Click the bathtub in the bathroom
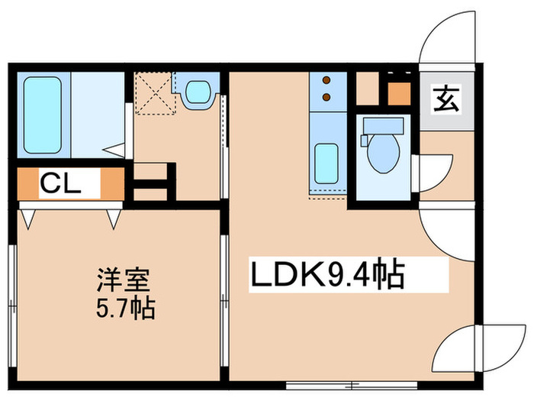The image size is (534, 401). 42,114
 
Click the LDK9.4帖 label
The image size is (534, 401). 327,276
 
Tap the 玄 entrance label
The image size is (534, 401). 446,99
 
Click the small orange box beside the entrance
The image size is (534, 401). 398,94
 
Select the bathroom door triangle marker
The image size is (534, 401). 116,148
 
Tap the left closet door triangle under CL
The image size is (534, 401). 29,218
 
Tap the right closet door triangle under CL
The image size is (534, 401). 114,218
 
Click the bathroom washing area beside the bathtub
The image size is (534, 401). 97,114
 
